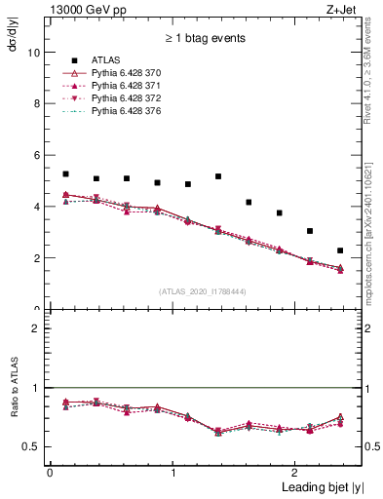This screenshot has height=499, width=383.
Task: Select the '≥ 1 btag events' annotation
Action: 205,39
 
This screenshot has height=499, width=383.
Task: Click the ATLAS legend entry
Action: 108,62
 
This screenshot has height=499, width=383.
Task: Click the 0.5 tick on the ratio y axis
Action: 31,447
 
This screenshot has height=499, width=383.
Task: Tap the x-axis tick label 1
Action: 173,473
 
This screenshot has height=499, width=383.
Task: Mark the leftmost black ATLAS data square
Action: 65,174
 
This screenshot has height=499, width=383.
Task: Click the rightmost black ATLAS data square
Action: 340,250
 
